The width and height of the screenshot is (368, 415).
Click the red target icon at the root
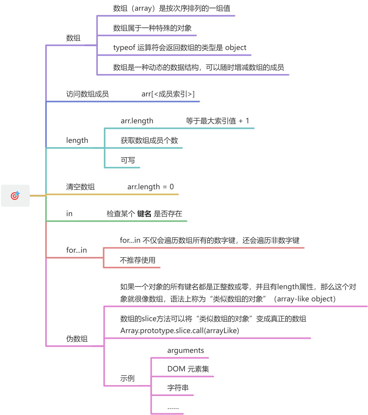coord(15,196)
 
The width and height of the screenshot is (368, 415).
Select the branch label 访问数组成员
coord(87,94)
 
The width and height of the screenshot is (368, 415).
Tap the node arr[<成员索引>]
coord(168,94)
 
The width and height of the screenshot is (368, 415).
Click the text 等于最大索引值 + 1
coord(217,121)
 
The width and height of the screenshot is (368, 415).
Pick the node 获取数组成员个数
coord(149,140)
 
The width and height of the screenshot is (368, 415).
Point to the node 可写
coord(128,160)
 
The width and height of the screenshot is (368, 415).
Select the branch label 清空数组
coord(80,187)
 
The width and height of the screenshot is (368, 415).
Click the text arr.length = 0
coord(150,187)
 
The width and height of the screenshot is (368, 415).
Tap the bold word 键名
coord(144,214)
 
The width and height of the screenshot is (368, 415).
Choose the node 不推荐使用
coord(137,260)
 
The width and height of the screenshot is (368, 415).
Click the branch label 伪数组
coord(77,339)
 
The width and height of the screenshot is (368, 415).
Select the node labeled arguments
coord(186,350)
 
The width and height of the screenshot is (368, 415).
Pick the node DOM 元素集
coord(188,369)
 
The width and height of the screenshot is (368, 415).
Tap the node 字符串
coord(178,388)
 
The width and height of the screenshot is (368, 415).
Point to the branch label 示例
coord(127,378)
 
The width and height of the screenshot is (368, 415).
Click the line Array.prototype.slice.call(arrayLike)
coord(179,331)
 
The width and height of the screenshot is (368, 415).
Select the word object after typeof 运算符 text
coord(236,47)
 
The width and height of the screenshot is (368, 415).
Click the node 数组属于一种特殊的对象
coord(152,28)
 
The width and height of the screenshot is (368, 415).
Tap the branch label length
coord(77,140)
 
